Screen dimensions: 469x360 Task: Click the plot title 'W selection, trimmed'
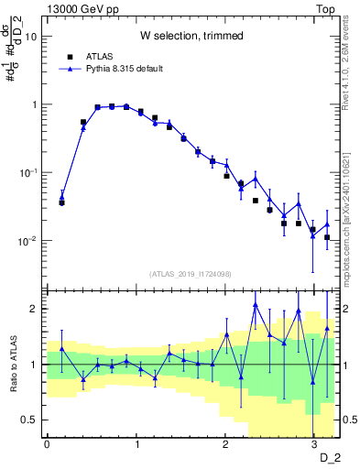pyautogui.click(x=191, y=36)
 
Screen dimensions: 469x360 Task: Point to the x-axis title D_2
pyautogui.click(x=327, y=457)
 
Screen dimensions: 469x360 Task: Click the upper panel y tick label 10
pyautogui.click(x=31, y=37)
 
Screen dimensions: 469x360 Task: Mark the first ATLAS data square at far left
pyautogui.click(x=61, y=202)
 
